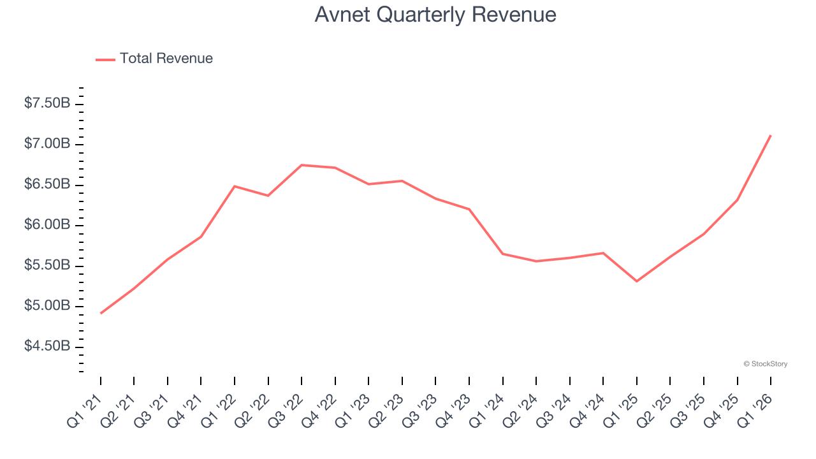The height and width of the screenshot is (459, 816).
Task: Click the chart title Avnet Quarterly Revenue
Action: coord(435,15)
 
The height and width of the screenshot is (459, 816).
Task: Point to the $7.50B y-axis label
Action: coord(47,103)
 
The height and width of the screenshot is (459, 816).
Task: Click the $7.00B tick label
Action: coord(47,144)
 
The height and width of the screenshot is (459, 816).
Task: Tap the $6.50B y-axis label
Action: coord(47,185)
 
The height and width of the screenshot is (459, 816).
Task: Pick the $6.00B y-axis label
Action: coord(47,225)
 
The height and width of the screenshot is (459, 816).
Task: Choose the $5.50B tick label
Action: coord(47,266)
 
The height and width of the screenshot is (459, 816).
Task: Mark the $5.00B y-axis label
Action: coord(47,306)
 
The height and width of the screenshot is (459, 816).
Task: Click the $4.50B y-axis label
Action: coord(47,347)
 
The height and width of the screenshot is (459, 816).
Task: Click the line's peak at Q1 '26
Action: coord(771,135)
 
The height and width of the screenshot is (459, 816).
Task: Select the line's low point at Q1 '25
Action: coord(637,281)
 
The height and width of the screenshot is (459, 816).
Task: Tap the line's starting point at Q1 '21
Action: coord(101,313)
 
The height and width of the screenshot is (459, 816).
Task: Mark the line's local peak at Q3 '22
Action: coord(302,165)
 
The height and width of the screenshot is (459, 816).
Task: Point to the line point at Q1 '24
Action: coord(503,254)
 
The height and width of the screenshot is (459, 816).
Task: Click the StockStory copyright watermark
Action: coord(765,364)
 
